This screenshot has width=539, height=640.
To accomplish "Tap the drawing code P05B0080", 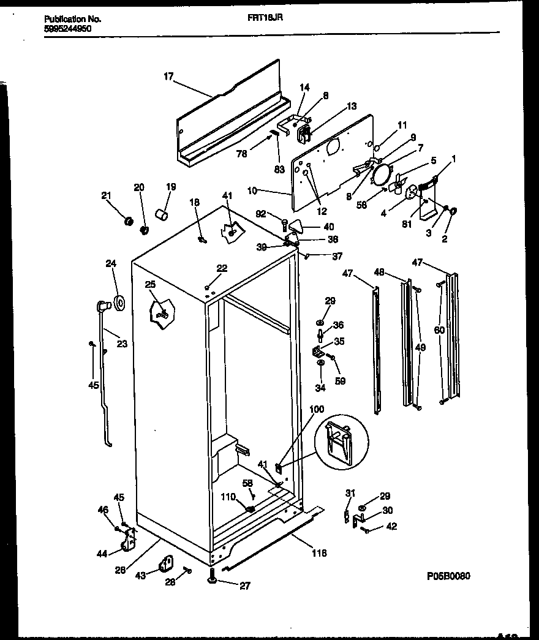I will pos(449,576).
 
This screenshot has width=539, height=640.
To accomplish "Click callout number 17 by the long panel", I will pos(168,77).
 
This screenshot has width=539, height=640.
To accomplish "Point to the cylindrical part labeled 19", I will pos(162,215).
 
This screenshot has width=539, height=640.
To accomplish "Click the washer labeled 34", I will pos(321,364).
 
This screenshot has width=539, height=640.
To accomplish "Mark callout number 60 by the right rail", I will pos(439,331).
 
